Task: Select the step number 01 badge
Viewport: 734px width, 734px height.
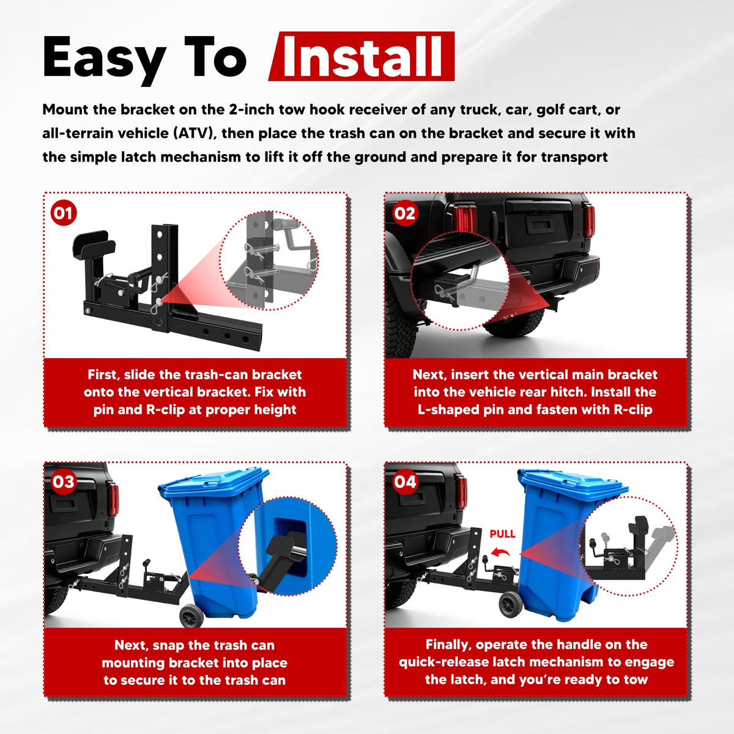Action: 63,213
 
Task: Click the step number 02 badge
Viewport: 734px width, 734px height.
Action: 405,213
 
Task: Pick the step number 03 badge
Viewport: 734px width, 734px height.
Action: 63,482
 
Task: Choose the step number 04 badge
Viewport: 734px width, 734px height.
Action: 405,482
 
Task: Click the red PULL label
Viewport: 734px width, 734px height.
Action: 502,534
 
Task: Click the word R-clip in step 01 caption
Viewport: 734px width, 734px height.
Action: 165,410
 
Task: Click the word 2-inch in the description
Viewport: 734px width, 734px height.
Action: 251,109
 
